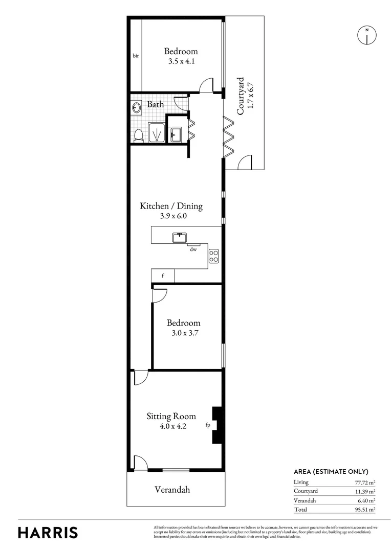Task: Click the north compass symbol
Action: [366, 35]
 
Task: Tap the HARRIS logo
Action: [48, 532]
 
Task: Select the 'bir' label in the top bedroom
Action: [136, 56]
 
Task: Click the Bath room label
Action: [156, 104]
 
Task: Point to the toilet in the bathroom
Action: [138, 135]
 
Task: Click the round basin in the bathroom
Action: [137, 108]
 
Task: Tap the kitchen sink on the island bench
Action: [179, 237]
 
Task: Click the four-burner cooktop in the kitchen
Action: [214, 256]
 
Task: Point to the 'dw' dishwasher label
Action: [193, 249]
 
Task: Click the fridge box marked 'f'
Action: [163, 276]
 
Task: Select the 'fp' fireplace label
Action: [208, 425]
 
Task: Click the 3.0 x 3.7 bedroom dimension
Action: [183, 333]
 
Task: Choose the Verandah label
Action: [172, 490]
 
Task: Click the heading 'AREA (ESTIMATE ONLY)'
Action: [331, 472]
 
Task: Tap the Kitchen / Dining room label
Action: [171, 206]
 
